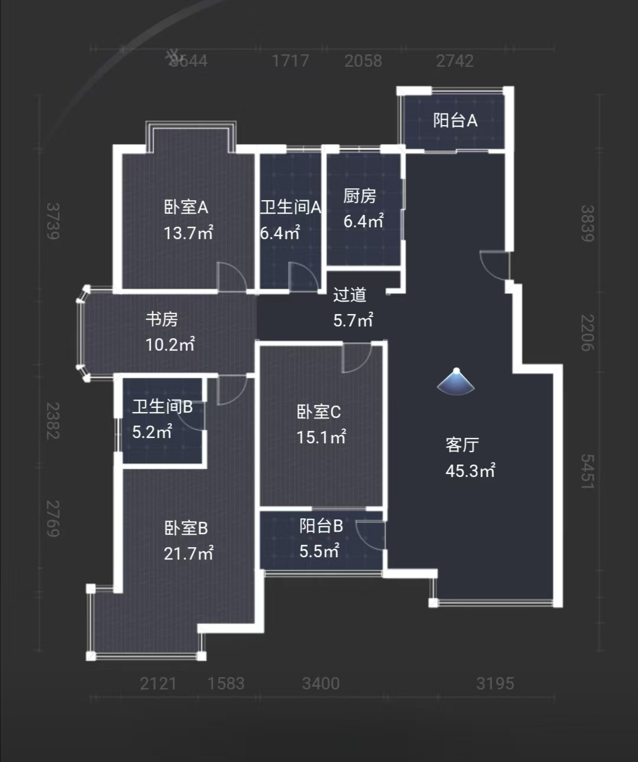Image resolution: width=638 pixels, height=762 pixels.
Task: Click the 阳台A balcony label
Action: [455, 120]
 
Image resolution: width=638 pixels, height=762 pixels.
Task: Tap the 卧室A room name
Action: [186, 207]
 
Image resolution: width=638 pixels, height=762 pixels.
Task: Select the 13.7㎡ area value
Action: [188, 233]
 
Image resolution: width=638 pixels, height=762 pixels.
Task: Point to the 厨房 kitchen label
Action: [360, 195]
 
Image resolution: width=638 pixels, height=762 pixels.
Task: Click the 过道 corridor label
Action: [350, 295]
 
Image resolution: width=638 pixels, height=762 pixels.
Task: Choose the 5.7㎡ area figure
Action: [353, 321]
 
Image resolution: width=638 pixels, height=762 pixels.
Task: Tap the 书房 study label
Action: [162, 319]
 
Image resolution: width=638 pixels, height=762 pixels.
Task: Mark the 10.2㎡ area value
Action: [170, 345]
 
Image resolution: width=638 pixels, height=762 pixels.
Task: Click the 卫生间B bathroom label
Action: [162, 407]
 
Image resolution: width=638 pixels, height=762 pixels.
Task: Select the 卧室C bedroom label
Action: [319, 411]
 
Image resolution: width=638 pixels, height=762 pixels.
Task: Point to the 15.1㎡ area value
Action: [321, 437]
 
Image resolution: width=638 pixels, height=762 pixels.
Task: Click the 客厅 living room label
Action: [462, 444]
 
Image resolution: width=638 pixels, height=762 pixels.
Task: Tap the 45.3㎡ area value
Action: [470, 471]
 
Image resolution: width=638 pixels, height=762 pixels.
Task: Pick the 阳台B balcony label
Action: [321, 525]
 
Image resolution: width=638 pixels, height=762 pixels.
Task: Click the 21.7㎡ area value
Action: [188, 554]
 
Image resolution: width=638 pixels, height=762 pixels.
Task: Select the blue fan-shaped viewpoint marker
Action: [455, 382]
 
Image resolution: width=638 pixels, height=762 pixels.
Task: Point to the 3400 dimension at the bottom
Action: [321, 683]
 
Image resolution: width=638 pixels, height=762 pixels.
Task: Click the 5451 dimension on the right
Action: [587, 471]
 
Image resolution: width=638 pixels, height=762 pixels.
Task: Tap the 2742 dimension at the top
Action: [455, 61]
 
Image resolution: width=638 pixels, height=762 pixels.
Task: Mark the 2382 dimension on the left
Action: [53, 421]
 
